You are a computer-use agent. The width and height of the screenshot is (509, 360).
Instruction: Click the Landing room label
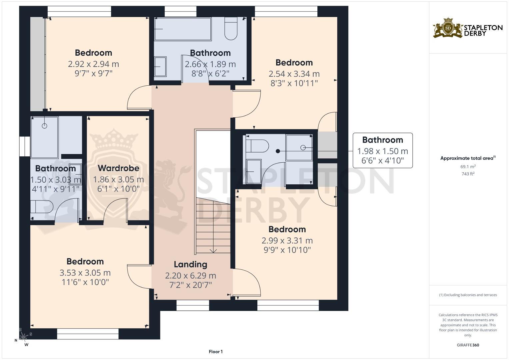pyautogui.click(x=190, y=265)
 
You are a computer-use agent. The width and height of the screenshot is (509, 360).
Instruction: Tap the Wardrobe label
pyautogui.click(x=118, y=168)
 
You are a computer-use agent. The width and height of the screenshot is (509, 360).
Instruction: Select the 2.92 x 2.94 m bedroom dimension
pyautogui.click(x=93, y=64)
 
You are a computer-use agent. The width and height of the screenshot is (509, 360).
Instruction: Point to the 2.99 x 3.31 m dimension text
pyautogui.click(x=287, y=240)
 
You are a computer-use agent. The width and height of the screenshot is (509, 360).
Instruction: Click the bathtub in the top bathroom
pyautogui.click(x=183, y=29)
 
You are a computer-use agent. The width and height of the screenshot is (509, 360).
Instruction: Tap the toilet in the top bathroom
pyautogui.click(x=231, y=28)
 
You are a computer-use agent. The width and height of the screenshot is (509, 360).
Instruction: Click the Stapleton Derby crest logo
pyautogui.click(x=448, y=28)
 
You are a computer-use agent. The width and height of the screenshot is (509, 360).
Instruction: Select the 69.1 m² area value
pyautogui.click(x=468, y=167)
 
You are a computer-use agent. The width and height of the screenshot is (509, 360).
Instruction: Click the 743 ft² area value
pyautogui.click(x=468, y=174)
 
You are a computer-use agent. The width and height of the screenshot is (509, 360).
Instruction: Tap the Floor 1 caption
pyautogui.click(x=216, y=352)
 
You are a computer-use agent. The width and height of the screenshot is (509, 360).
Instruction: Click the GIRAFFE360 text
pyautogui.click(x=468, y=345)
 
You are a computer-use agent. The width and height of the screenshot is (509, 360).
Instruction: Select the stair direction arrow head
pyautogui.click(x=213, y=251)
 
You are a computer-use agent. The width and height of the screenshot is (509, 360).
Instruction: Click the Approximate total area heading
pyautogui.click(x=468, y=158)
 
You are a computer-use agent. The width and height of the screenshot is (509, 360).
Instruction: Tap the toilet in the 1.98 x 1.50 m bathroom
pyautogui.click(x=257, y=146)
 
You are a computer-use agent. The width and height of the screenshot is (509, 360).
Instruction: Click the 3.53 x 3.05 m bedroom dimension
pyautogui.click(x=85, y=273)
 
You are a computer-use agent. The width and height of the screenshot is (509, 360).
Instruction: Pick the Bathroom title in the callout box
pyautogui.click(x=383, y=140)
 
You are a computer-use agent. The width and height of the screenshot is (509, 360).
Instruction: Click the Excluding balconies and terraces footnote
pyautogui.click(x=468, y=295)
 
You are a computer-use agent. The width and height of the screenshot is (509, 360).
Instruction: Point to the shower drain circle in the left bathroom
pyautogui.click(x=45, y=126)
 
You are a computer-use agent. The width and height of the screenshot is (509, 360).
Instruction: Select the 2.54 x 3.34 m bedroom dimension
pyautogui.click(x=294, y=74)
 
